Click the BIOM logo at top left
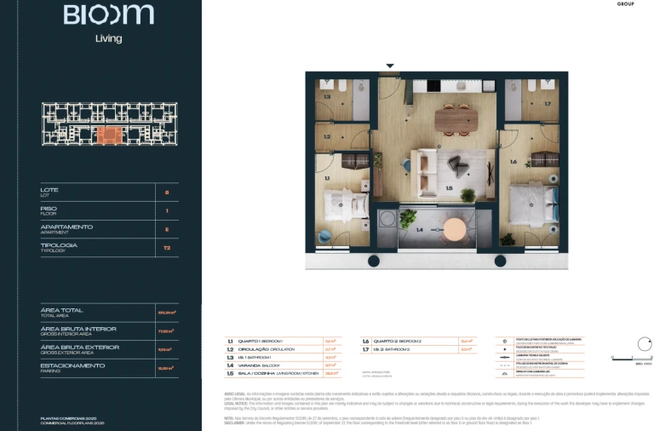108,14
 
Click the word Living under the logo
108,38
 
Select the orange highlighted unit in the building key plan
109,135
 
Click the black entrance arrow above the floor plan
390,66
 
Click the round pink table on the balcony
456,228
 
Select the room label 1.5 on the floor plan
449,188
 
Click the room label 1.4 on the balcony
419,230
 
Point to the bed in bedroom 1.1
345,204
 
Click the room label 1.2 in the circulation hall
327,135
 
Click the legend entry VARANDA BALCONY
257,365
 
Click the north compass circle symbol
644,346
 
